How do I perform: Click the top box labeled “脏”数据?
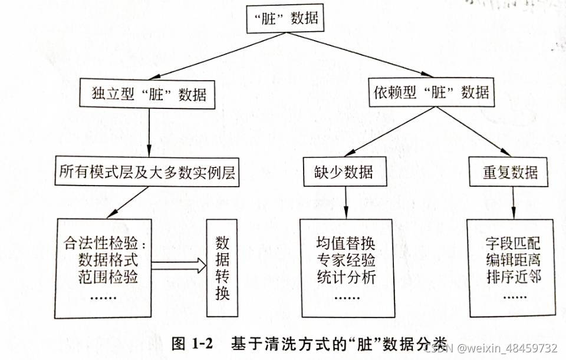click(285, 18)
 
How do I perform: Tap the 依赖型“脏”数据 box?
click(432, 92)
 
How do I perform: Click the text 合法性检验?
click(103, 243)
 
